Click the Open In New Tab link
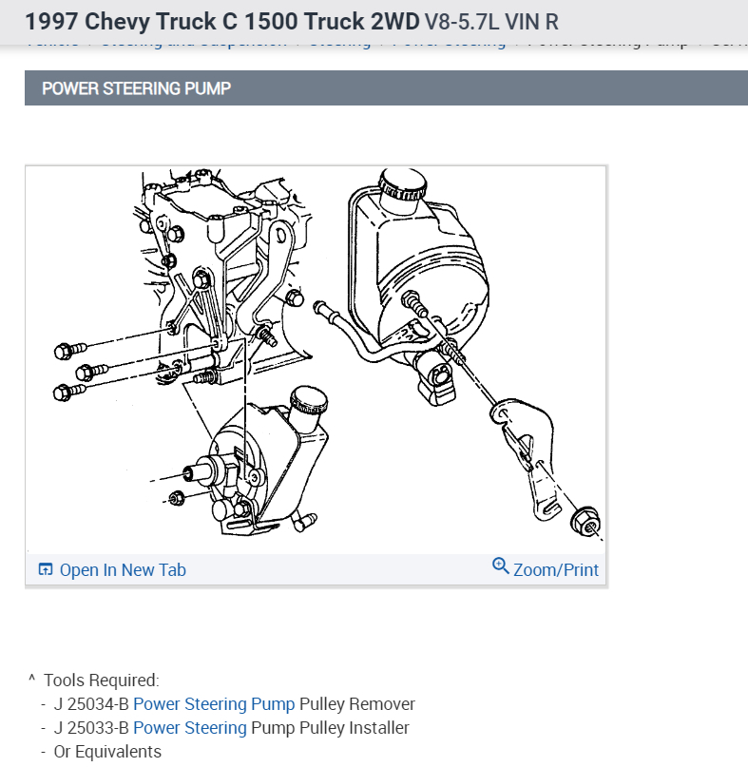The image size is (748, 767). pyautogui.click(x=122, y=570)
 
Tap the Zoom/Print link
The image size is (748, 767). pyautogui.click(x=555, y=570)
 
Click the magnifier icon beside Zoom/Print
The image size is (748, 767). pyautogui.click(x=501, y=566)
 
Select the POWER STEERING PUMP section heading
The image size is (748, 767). pyautogui.click(x=136, y=88)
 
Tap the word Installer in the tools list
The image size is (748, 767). pyautogui.click(x=379, y=728)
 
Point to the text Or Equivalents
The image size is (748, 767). pyautogui.click(x=107, y=751)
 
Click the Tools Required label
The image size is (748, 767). pyautogui.click(x=101, y=681)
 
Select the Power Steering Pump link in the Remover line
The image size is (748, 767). pyautogui.click(x=214, y=704)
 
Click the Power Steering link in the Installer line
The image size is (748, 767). pyautogui.click(x=189, y=728)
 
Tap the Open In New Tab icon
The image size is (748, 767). pyautogui.click(x=45, y=570)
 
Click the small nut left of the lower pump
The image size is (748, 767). pyautogui.click(x=175, y=498)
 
